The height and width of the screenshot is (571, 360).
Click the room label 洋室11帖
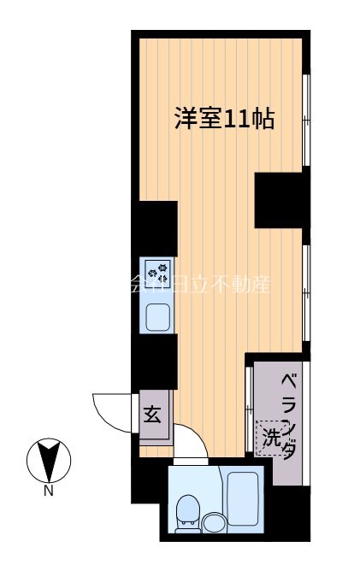click(x=224, y=119)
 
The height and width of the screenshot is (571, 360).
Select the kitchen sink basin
click(x=157, y=317)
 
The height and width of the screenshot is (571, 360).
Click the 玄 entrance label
click(x=152, y=415)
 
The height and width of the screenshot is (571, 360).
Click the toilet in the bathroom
click(x=186, y=510)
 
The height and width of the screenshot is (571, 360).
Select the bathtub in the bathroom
click(x=245, y=498)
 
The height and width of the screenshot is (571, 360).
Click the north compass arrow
click(x=49, y=461)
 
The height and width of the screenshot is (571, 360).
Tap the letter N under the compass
click(x=49, y=492)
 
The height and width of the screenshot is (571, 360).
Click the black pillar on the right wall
click(x=280, y=200)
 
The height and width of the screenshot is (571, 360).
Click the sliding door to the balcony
click(x=249, y=403)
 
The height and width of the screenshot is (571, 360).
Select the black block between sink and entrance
click(x=155, y=360)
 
